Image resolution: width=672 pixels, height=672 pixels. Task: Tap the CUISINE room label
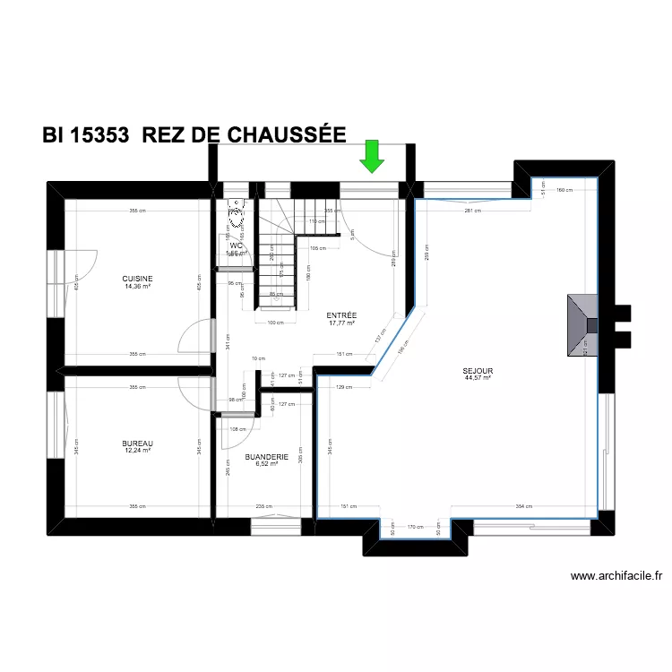(138, 278)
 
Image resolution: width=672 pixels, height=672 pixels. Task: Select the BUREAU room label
(138, 443)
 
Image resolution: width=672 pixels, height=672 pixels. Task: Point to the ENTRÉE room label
(341, 315)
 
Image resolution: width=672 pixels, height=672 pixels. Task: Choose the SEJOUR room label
(478, 370)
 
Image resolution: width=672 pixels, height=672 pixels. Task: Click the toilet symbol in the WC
(237, 213)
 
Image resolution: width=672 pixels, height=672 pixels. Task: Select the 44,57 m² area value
(478, 378)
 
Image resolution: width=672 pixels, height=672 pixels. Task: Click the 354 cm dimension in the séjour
(524, 506)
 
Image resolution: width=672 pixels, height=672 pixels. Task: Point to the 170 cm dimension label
(415, 528)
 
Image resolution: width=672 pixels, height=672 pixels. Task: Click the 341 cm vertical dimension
(228, 340)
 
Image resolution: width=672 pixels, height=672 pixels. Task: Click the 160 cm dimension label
(563, 190)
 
